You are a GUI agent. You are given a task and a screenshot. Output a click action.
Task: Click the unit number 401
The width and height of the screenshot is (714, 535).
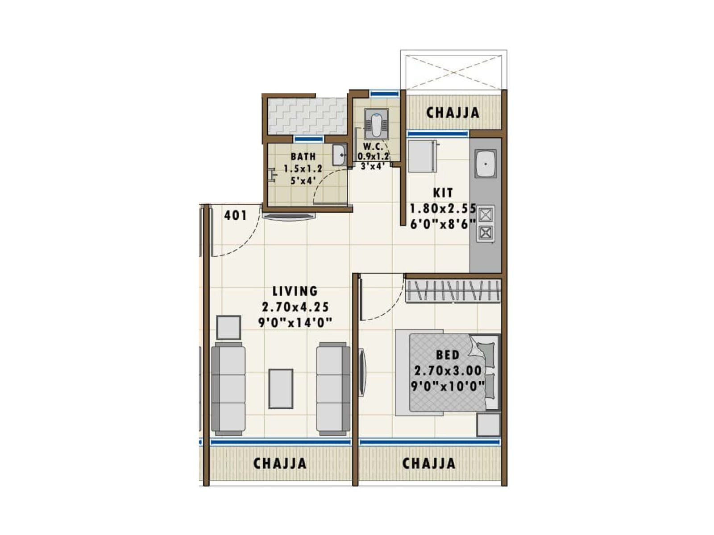(235, 215)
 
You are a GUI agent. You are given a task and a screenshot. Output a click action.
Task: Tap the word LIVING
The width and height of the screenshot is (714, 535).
(295, 291)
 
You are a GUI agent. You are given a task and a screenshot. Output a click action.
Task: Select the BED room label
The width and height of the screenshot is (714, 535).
(448, 355)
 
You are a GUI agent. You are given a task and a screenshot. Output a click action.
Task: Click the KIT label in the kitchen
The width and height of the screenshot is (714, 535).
(443, 193)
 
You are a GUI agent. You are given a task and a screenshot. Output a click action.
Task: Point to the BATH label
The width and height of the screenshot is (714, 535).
(303, 156)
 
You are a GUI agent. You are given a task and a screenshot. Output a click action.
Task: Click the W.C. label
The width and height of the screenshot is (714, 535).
(373, 146)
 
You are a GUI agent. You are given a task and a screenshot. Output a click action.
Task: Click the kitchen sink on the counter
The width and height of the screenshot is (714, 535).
(486, 164)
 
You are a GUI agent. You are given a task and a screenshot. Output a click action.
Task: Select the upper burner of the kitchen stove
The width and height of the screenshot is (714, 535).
(486, 215)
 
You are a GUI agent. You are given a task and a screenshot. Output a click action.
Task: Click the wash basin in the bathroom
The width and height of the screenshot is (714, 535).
(340, 155)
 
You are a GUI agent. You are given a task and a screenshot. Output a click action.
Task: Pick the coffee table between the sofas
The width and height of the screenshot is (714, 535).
(280, 388)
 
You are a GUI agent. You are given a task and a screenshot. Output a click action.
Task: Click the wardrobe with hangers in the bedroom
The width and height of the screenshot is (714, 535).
(453, 291)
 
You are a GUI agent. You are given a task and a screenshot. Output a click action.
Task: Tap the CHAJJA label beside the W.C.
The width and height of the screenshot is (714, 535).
(453, 113)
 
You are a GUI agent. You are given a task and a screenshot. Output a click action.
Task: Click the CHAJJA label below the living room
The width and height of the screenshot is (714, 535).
(280, 464)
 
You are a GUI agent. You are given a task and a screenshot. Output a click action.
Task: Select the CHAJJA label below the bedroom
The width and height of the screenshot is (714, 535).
(429, 464)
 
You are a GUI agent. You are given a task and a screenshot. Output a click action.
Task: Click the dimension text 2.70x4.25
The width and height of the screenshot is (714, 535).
(295, 307)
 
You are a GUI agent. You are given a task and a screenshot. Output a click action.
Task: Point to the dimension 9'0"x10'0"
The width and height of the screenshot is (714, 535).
(448, 386)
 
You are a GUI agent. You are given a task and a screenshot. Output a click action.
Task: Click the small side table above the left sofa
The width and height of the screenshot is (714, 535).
(228, 327)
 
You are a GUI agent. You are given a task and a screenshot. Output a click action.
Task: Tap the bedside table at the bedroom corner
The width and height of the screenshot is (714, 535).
(488, 424)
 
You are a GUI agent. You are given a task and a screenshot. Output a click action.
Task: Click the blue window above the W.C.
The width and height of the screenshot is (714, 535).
(385, 94)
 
